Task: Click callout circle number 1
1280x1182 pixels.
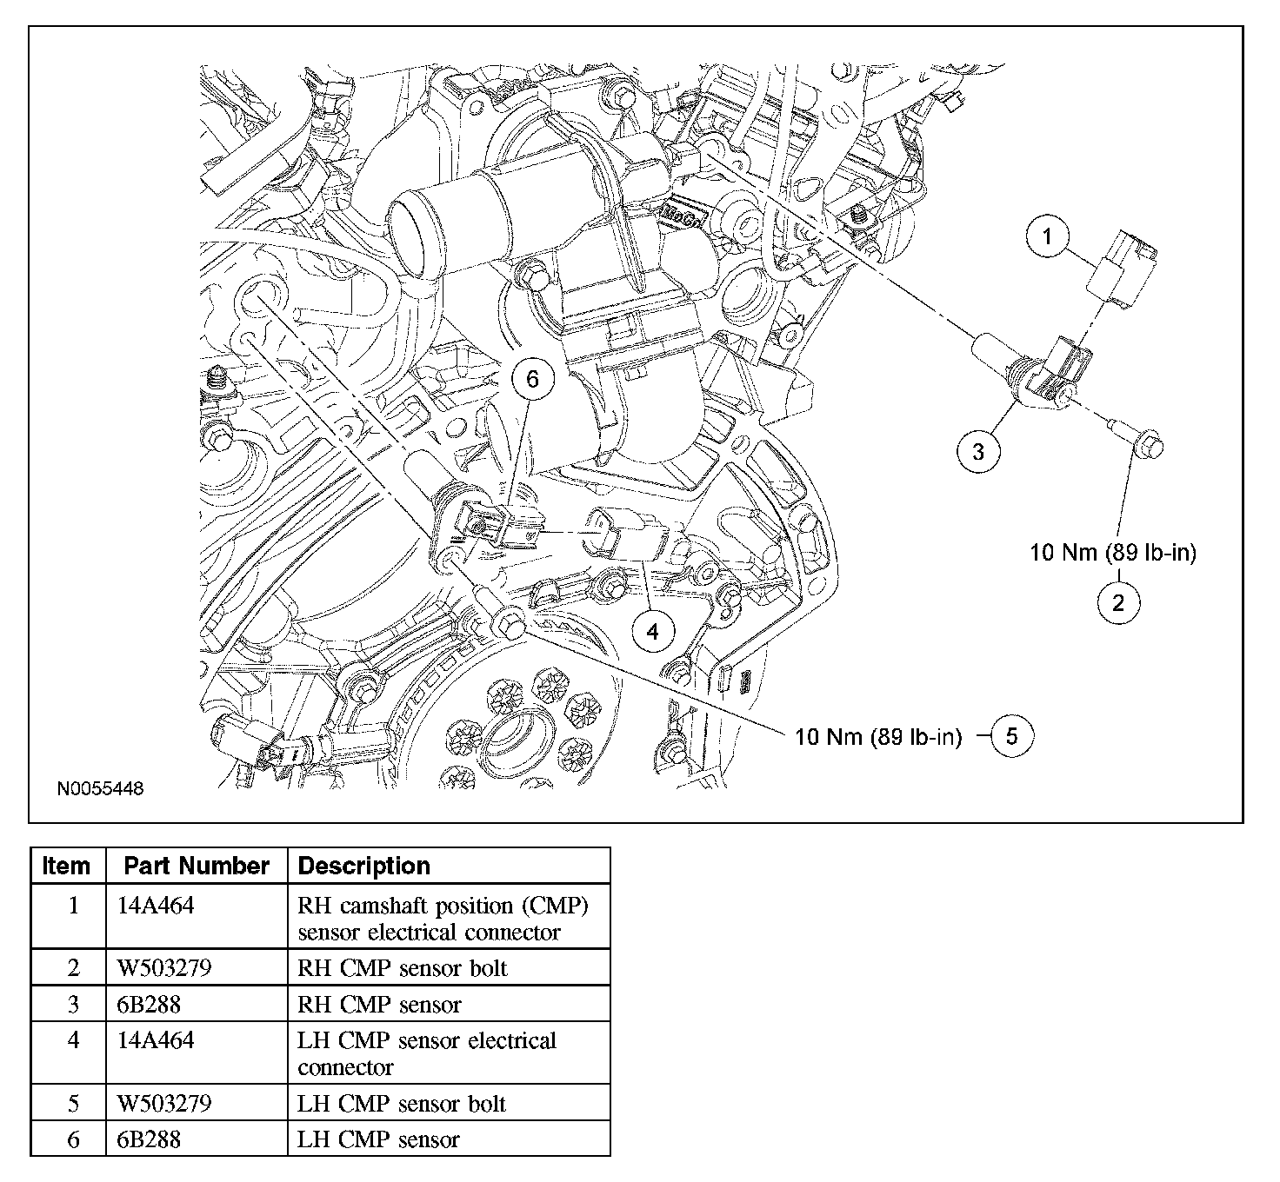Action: pos(1048,236)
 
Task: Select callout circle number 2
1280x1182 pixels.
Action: pos(1118,602)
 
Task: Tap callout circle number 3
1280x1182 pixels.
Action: pos(979,451)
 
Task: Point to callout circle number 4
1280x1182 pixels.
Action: pos(653,632)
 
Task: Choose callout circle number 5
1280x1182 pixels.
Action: pos(1011,736)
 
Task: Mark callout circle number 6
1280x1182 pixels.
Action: pos(533,379)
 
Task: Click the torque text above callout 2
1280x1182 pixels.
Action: pos(1113,553)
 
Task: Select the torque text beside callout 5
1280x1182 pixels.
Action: pos(878,737)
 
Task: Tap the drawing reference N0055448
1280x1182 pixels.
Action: pos(100,789)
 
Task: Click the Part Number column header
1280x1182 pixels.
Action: pos(197,866)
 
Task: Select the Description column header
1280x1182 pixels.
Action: pos(364,866)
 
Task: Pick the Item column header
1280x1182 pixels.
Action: pos(67,866)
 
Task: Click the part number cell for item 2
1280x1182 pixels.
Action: pos(164,967)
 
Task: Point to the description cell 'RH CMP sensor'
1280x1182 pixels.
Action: pos(379,1005)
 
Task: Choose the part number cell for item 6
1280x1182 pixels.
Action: pos(149,1139)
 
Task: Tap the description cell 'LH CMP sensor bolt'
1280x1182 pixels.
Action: pos(402,1104)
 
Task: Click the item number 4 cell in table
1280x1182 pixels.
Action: pos(73,1040)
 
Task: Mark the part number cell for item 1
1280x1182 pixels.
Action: pos(156,906)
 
